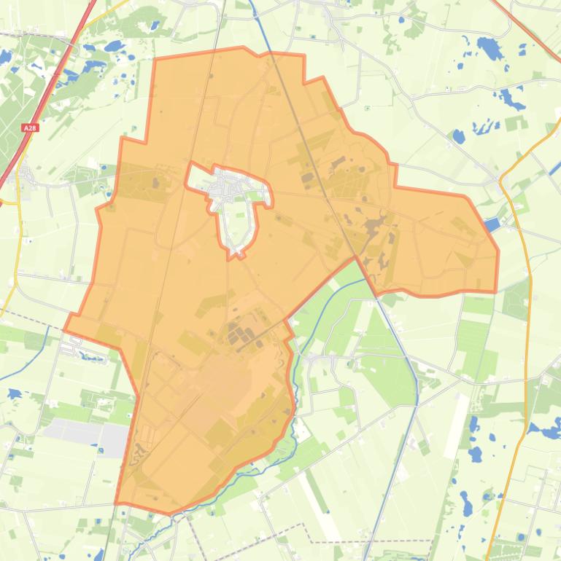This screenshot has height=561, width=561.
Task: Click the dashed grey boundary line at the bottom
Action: pos(365,541)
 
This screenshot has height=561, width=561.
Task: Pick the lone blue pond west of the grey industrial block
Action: pos(14,393)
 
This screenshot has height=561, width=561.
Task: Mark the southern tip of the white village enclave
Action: pos(235,256)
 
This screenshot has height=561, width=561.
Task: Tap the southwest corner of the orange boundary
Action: pos(117,503)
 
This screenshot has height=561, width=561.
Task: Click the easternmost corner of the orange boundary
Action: pos(498,252)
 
